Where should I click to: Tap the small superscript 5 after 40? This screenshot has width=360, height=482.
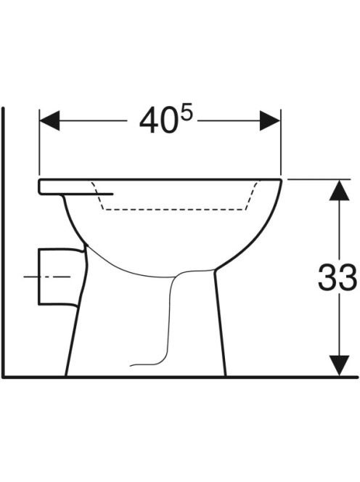pos(186,112)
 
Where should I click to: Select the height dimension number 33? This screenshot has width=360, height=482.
pos(337,278)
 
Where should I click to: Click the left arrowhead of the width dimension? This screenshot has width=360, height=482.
pos(49,120)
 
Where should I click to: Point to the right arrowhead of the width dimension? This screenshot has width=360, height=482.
pos(270,120)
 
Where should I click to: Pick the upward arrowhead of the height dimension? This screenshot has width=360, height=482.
pos(339,189)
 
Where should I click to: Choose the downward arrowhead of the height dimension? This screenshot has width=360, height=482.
pos(339,365)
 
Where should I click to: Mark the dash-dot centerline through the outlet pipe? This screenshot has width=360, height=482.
pos(47,277)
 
